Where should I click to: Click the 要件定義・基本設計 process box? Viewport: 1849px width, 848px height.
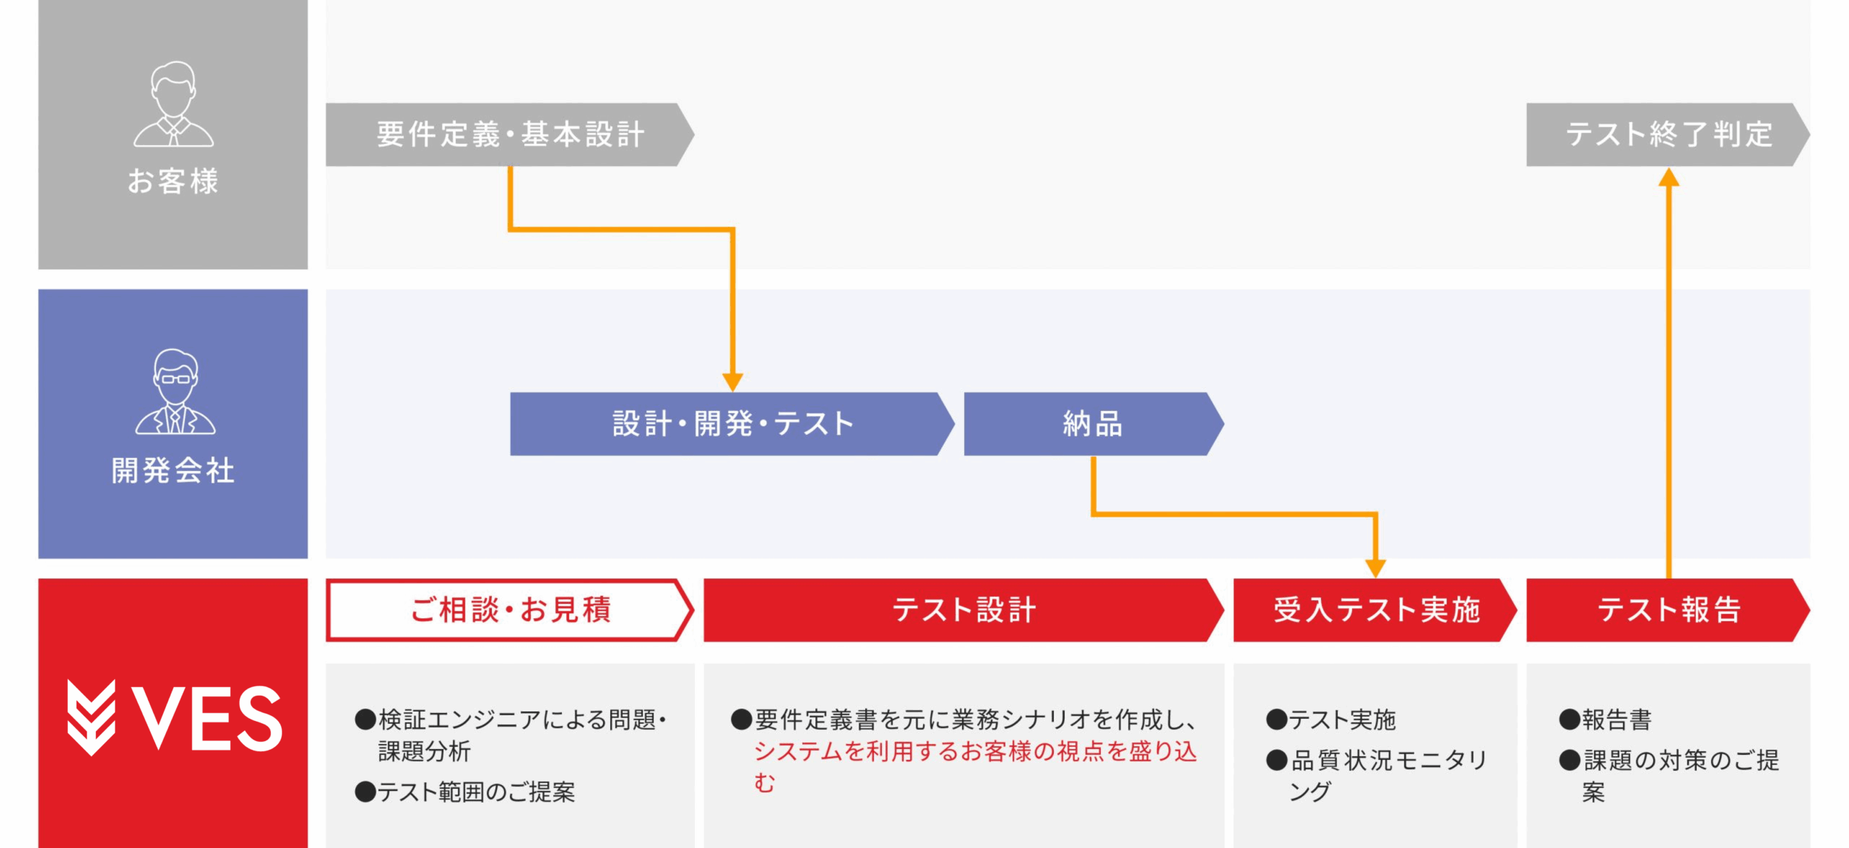click(x=509, y=134)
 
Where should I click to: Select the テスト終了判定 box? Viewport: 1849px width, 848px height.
click(x=1667, y=134)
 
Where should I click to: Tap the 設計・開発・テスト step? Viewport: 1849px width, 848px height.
click(x=731, y=424)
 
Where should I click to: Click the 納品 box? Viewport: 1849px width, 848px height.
click(x=1092, y=424)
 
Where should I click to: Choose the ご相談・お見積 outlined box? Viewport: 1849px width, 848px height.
click(x=509, y=610)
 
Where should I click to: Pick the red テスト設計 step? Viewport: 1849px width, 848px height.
click(x=963, y=610)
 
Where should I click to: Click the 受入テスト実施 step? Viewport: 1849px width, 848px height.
click(x=1374, y=610)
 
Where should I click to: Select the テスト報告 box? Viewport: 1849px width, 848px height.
click(x=1667, y=610)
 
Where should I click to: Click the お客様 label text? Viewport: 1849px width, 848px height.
click(x=173, y=181)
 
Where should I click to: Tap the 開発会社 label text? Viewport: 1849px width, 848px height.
click(x=173, y=471)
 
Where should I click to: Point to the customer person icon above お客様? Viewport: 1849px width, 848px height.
click(x=173, y=104)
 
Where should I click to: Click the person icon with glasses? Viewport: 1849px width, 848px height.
click(x=175, y=392)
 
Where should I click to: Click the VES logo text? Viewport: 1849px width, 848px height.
click(x=207, y=718)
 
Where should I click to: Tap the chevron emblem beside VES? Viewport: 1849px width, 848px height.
click(x=91, y=717)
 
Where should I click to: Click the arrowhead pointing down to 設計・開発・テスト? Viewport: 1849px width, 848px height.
click(x=732, y=382)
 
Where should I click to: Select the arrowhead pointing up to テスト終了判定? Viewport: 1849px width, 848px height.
click(x=1668, y=177)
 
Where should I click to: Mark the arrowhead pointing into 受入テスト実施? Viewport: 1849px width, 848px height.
click(x=1375, y=568)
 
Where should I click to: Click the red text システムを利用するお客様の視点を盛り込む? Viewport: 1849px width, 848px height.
click(x=975, y=753)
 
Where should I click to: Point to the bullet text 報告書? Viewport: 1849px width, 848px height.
click(x=1616, y=720)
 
